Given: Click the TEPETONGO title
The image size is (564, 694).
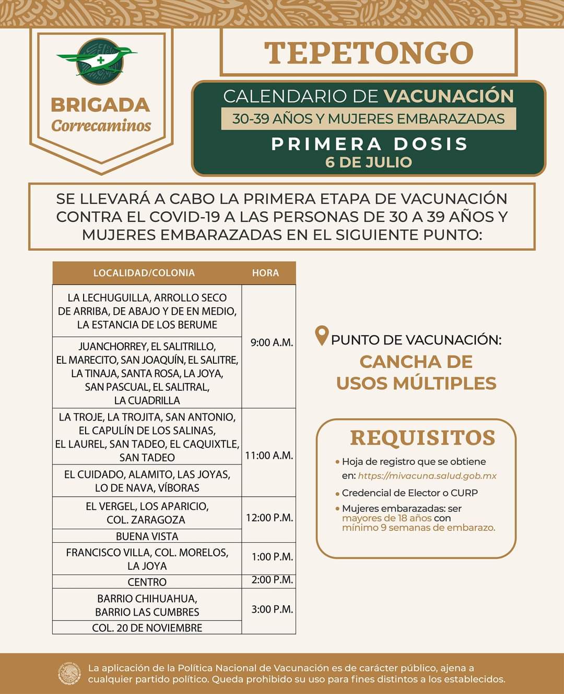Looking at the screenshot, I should (369, 53).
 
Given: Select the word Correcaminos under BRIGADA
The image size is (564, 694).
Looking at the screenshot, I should (101, 126).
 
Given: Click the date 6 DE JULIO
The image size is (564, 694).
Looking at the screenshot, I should (369, 162).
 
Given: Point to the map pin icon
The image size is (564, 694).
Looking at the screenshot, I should (322, 336).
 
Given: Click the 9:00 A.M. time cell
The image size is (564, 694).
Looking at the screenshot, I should (272, 343).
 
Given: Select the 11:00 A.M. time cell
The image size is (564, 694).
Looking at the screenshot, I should (269, 456).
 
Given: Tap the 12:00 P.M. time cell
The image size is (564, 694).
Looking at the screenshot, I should (269, 518).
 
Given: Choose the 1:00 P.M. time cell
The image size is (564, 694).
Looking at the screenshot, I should (272, 557).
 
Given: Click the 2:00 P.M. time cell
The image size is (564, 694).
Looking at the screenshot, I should (272, 580).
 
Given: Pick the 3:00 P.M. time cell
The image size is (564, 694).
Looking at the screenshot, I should (272, 609).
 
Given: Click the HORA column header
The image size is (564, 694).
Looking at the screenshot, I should (265, 273).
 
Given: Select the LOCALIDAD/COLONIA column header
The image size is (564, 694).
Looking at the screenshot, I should (144, 273).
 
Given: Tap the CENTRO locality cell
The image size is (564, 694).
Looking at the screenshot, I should (147, 582).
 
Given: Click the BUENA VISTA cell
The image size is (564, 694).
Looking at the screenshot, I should (147, 536).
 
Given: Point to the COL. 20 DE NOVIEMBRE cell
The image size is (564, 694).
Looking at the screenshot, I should (147, 628).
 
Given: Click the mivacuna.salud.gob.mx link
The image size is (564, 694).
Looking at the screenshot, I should (427, 476).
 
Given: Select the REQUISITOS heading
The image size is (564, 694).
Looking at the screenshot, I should (422, 438).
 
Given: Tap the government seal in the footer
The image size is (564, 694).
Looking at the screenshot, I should (69, 674).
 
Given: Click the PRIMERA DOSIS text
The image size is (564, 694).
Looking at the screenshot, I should (369, 143).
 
